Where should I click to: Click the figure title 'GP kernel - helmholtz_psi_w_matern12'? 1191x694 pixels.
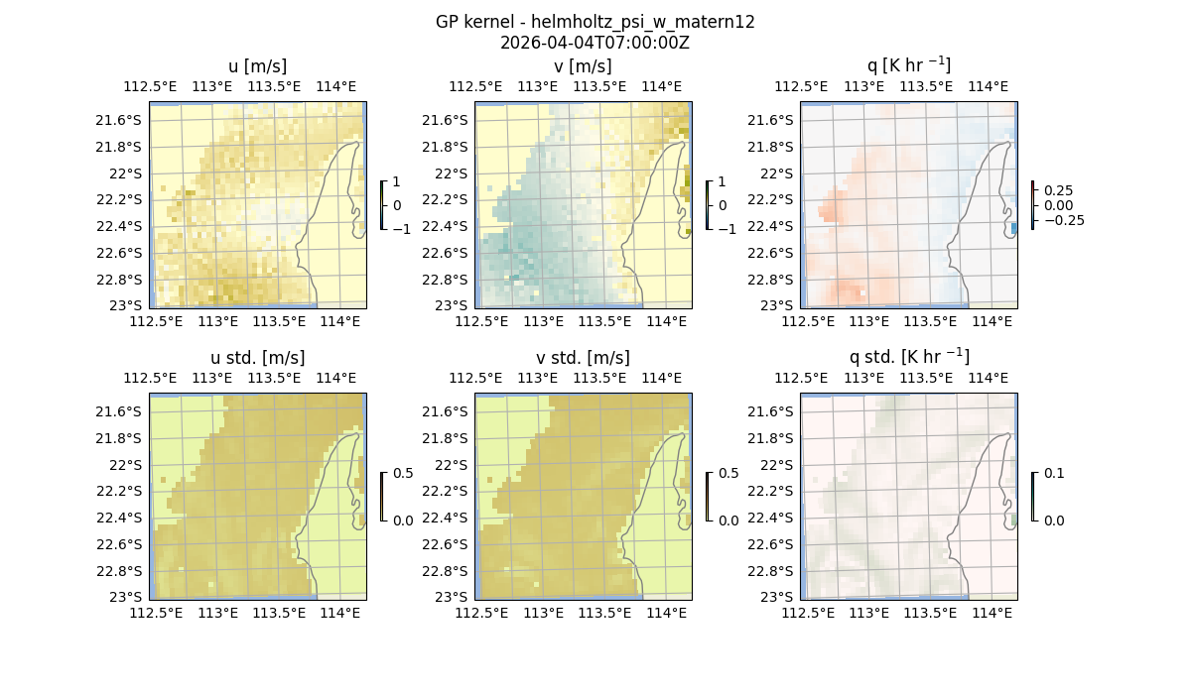coord(595,22)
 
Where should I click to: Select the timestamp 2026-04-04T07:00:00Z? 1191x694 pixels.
coord(595,43)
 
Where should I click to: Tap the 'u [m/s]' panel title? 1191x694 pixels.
coord(257,66)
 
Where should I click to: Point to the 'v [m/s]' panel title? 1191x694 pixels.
coord(583,66)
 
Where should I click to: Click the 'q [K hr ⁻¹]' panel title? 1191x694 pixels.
coord(908,66)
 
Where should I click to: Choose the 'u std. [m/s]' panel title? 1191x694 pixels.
coord(257,358)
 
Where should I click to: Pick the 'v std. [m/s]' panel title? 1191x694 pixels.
coord(583,358)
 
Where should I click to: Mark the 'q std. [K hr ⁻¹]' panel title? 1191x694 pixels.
coord(908,358)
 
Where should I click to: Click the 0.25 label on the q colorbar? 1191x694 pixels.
coord(1058,190)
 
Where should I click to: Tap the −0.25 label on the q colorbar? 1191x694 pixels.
coord(1063,220)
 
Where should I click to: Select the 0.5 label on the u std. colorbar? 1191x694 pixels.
coord(403,473)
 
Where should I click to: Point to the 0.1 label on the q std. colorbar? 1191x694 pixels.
coord(1054,473)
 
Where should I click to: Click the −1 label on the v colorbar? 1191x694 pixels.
coord(728,229)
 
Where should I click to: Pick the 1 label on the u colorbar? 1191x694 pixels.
coord(397,181)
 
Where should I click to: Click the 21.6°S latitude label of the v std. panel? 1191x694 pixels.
coord(446,411)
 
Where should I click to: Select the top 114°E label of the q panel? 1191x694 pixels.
coord(988,87)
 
